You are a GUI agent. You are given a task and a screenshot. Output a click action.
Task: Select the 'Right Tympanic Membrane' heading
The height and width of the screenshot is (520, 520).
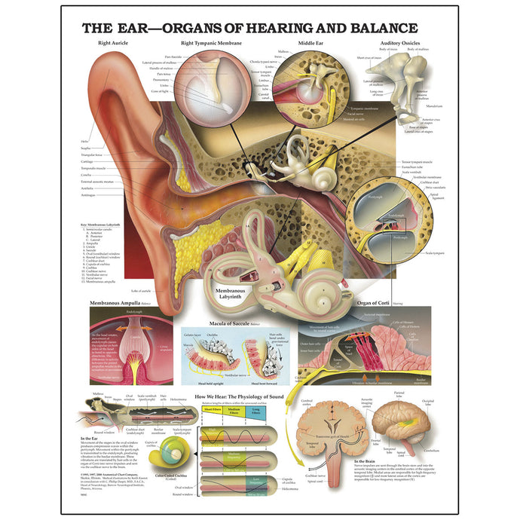point(212,44)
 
